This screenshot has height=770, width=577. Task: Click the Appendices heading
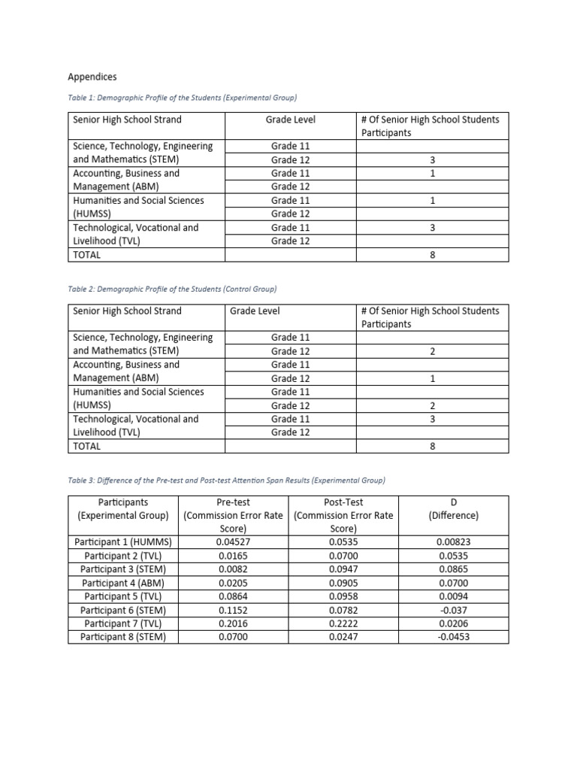pyautogui.click(x=92, y=77)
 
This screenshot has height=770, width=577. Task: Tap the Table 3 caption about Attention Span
pyautogui.click(x=227, y=480)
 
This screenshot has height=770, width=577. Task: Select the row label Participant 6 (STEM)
pyautogui.click(x=124, y=610)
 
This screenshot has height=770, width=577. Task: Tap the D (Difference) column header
pyautogui.click(x=453, y=509)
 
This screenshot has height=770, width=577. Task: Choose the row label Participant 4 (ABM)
pyautogui.click(x=124, y=583)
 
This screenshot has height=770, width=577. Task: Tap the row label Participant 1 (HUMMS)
pyautogui.click(x=124, y=542)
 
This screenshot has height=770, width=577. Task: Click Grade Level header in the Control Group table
pyautogui.click(x=255, y=311)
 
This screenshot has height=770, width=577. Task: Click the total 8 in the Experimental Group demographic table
pyautogui.click(x=433, y=255)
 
